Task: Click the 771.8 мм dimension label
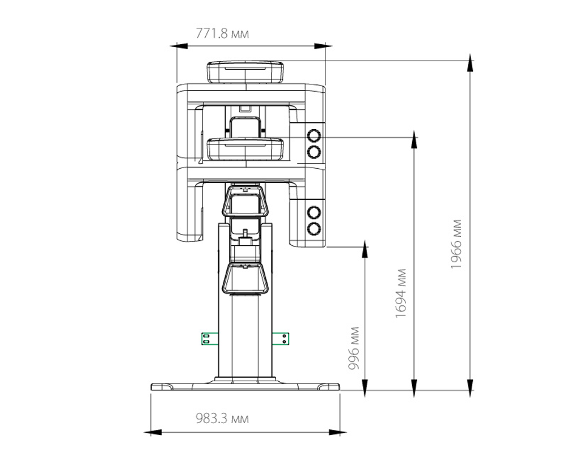222,33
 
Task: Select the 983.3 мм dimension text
222,419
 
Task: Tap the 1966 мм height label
456,244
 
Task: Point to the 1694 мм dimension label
401,293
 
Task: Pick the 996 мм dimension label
354,348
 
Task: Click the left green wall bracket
210,339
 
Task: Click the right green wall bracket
281,339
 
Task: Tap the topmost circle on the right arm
314,136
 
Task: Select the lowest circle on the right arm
314,228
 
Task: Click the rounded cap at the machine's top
245,73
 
